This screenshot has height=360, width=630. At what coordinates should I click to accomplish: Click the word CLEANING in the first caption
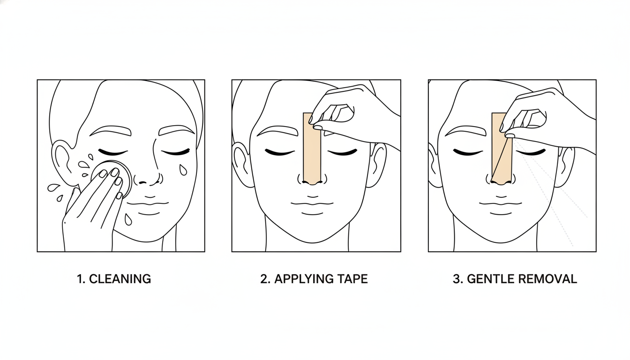(x=120, y=279)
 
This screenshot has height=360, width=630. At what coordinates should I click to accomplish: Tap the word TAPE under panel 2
(x=352, y=279)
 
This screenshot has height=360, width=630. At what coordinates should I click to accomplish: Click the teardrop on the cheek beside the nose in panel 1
(x=183, y=169)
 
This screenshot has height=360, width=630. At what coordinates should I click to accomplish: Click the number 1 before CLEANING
(x=80, y=279)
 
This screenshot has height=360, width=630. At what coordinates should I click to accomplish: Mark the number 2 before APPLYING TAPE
(x=264, y=279)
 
